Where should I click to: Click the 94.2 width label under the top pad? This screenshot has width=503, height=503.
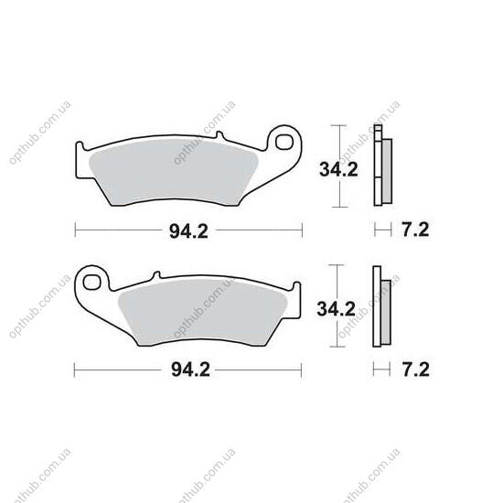pos(188,231)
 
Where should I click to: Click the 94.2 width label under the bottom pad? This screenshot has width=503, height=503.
pos(190,369)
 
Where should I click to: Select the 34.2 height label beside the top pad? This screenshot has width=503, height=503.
pos(338,170)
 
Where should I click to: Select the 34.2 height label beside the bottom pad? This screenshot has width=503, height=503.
pos(337,309)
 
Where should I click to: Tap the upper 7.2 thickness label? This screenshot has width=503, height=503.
pos(415,230)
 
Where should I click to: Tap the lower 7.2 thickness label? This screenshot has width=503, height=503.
pos(416,369)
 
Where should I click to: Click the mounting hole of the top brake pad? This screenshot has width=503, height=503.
pos(284,142)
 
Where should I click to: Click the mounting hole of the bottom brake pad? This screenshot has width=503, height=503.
pos(91,283)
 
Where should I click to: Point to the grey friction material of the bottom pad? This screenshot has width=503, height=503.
pos(203,313)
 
